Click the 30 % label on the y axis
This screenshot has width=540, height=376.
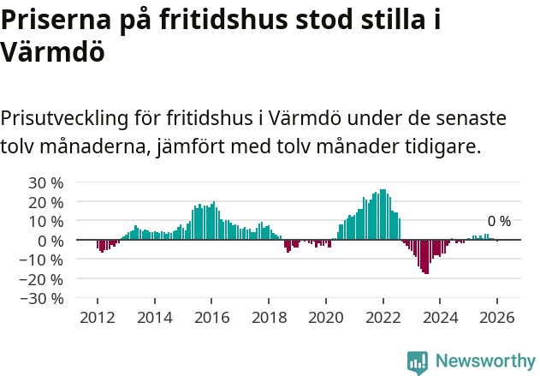point(46,182)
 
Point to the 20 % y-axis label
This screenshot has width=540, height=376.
point(46,202)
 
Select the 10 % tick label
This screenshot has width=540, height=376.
point(46,221)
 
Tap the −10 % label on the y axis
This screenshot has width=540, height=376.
point(42,260)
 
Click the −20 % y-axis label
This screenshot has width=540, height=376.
point(42,279)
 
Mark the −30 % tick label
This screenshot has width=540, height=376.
point(42,299)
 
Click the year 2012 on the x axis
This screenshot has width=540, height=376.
point(98,316)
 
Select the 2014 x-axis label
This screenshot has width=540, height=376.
point(155,316)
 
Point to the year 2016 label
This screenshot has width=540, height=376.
point(212,316)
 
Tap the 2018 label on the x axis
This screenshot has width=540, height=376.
point(269,316)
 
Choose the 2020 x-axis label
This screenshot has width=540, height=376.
point(326,316)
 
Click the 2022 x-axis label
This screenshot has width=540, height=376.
point(383,316)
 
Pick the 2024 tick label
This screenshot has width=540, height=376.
point(440,316)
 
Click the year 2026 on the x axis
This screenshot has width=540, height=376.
point(497,316)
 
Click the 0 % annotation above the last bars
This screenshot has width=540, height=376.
point(499,222)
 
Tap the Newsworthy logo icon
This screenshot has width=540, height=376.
point(418,362)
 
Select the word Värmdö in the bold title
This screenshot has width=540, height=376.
point(53,52)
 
